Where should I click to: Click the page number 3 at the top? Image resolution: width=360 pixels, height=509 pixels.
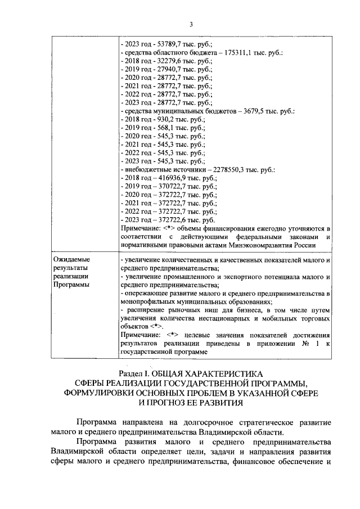coord(191,24)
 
